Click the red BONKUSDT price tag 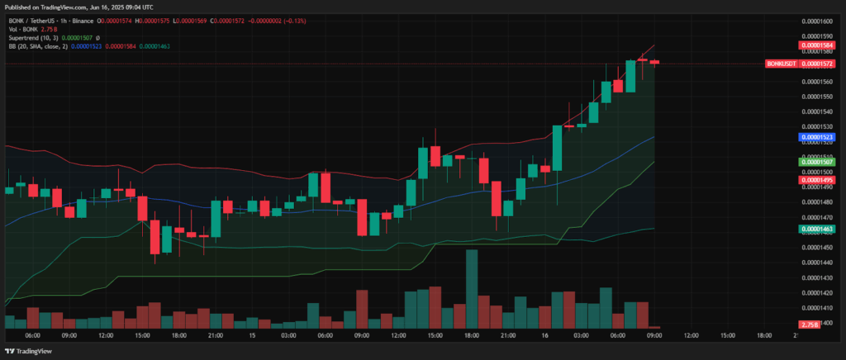782,64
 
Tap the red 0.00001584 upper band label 818,45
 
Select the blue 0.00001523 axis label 818,137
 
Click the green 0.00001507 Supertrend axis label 818,162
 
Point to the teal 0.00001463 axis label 818,229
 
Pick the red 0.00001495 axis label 818,180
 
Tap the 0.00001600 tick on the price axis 819,21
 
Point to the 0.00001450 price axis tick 819,248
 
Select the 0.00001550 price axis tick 819,97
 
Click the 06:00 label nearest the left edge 33,335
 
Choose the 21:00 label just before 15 216,335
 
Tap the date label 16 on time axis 545,335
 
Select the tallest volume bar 472,289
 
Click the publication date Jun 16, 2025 91,7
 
